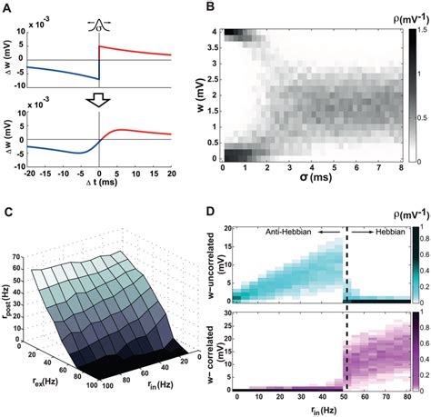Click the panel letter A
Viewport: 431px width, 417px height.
coord(7,8)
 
